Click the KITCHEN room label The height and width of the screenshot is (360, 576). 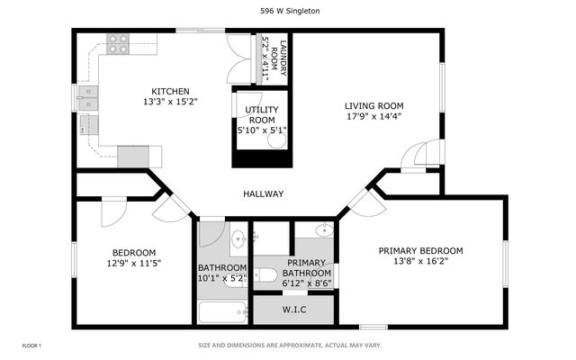pos(170,91)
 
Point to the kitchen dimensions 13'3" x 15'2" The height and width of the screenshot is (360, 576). pos(170,102)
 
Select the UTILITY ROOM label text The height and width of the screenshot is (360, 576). pos(261,114)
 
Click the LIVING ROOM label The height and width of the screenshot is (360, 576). pos(373,104)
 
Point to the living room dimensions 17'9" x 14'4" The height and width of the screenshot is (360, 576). pos(373,115)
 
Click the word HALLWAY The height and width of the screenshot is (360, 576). pos(264,193)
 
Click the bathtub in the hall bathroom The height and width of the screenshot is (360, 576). pos(222,314)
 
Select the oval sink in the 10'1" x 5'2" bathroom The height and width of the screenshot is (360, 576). pos(238,238)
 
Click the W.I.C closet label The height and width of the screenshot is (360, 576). pos(294,310)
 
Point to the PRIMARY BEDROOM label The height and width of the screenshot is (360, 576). pos(420,250)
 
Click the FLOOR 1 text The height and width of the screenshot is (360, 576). pos(31,346)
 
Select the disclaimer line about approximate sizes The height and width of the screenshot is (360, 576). pos(290,346)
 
